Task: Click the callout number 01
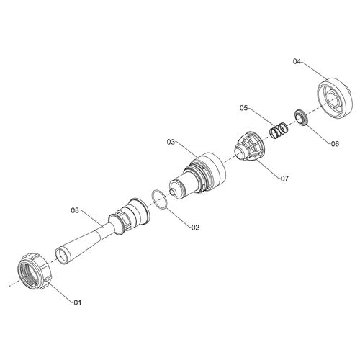pyautogui.click(x=77, y=302)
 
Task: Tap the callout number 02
pyautogui.click(x=195, y=228)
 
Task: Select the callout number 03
pyautogui.click(x=171, y=142)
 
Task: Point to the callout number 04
pyautogui.click(x=297, y=61)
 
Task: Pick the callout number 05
pyautogui.click(x=243, y=108)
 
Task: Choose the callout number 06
pyautogui.click(x=335, y=144)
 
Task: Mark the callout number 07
pyautogui.click(x=284, y=179)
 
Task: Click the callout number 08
pyautogui.click(x=75, y=210)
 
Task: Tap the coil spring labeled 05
pyautogui.click(x=279, y=130)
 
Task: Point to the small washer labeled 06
pyautogui.click(x=302, y=117)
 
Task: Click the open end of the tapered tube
pyautogui.click(x=62, y=256)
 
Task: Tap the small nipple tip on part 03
pyautogui.click(x=172, y=192)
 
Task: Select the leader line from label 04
pyautogui.click(x=315, y=71)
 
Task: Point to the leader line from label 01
pyautogui.click(x=61, y=292)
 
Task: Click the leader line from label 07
pyautogui.click(x=268, y=169)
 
